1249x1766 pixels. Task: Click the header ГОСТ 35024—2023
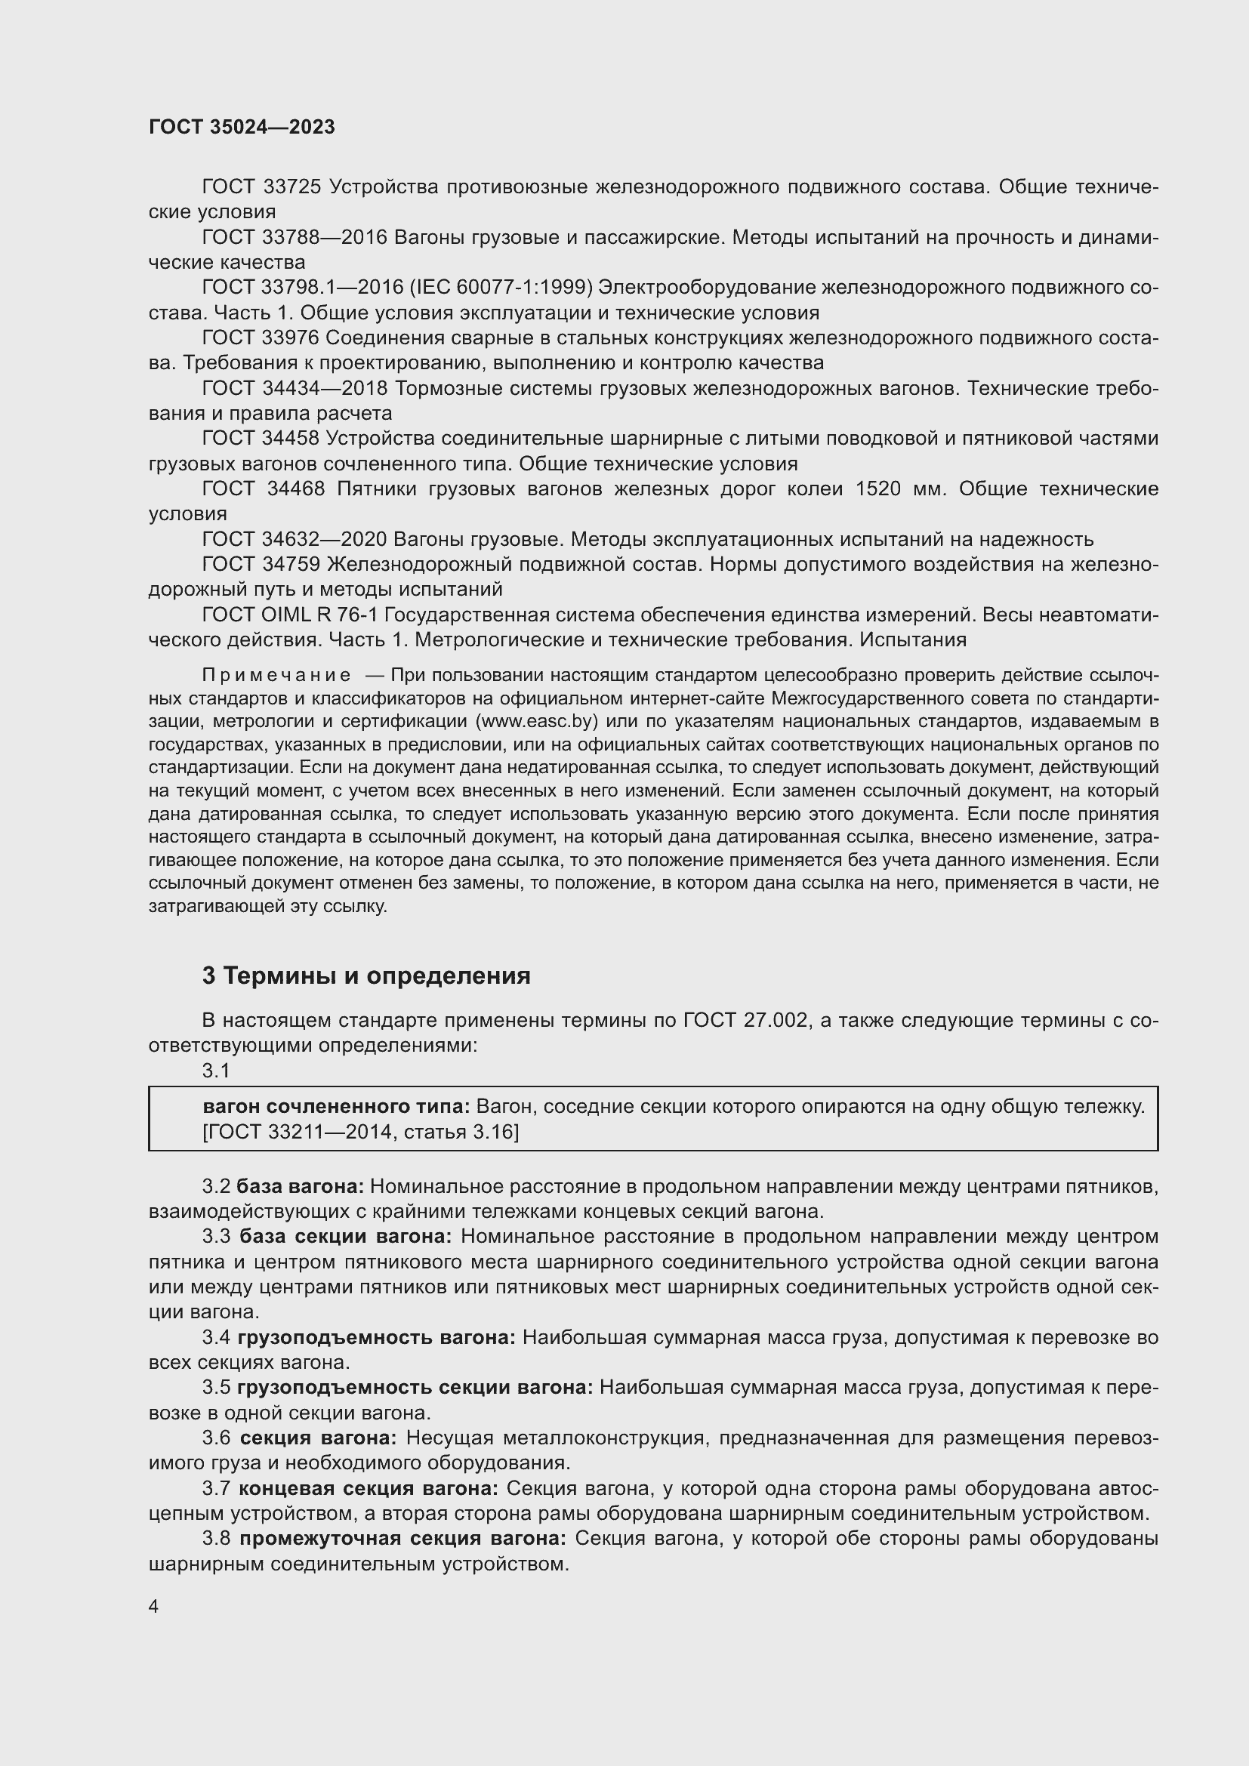click(x=242, y=128)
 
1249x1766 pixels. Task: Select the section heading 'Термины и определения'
click(x=377, y=976)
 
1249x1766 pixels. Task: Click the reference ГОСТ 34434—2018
click(x=295, y=388)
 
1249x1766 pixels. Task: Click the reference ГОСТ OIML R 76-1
click(x=289, y=615)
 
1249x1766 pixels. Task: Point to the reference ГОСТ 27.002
click(x=745, y=1021)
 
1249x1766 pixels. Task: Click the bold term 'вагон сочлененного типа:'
click(x=336, y=1107)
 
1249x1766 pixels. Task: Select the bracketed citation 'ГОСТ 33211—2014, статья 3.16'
click(x=360, y=1133)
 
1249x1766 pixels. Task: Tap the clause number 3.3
click(x=216, y=1237)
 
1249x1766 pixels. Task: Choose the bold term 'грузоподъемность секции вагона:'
click(x=415, y=1388)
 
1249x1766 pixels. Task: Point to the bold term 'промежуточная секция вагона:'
click(x=403, y=1539)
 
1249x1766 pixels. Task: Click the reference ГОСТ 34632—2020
click(x=295, y=540)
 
